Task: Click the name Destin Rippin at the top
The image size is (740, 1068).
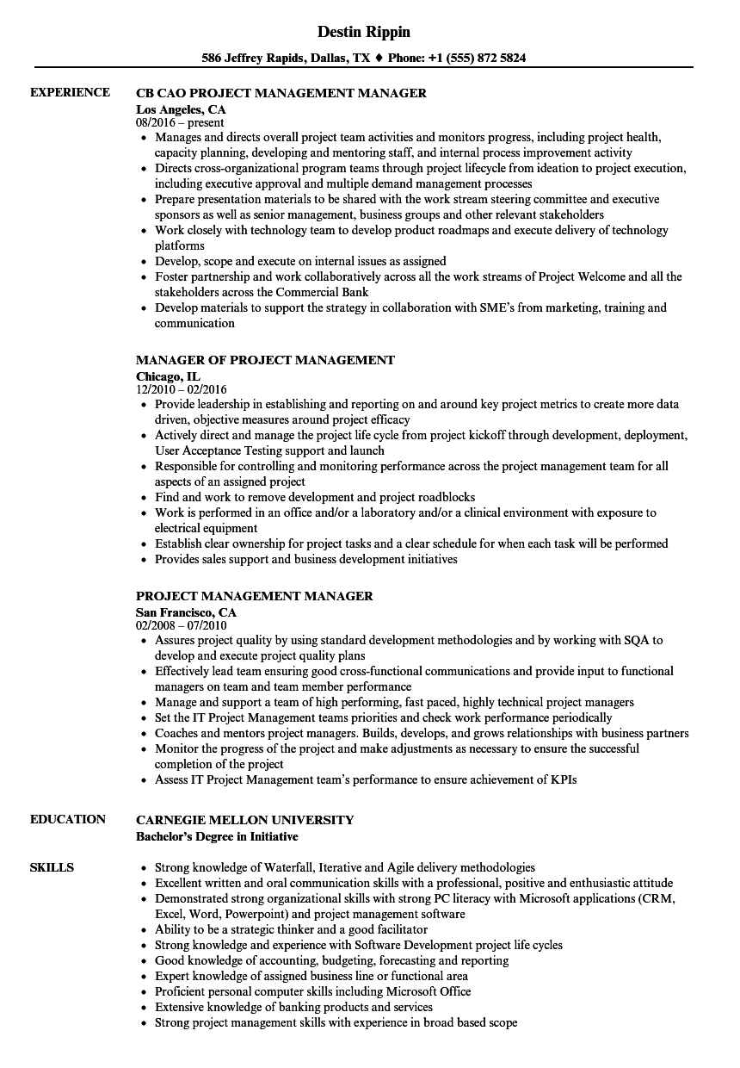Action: (x=363, y=32)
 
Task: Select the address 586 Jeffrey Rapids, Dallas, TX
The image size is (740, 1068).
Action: (x=286, y=59)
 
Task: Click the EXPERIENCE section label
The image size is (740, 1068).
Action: (x=70, y=92)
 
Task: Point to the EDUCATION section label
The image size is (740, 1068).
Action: (x=68, y=819)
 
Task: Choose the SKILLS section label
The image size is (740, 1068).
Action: (x=52, y=867)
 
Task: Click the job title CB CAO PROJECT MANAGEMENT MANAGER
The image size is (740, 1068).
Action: (x=281, y=93)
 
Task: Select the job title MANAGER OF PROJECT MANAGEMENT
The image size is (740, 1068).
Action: (x=265, y=360)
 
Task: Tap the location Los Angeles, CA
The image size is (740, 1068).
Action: (x=181, y=109)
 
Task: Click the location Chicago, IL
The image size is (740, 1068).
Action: (x=168, y=376)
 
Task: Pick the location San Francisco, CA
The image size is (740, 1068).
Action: (x=186, y=612)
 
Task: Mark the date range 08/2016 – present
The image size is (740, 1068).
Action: (x=180, y=123)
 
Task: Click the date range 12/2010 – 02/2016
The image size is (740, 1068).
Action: (x=182, y=390)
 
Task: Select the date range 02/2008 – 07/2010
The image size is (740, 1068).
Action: (x=181, y=626)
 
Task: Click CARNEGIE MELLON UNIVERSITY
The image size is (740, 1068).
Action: (x=244, y=819)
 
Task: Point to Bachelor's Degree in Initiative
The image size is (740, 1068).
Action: (x=217, y=836)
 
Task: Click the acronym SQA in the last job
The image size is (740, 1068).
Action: (x=634, y=640)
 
